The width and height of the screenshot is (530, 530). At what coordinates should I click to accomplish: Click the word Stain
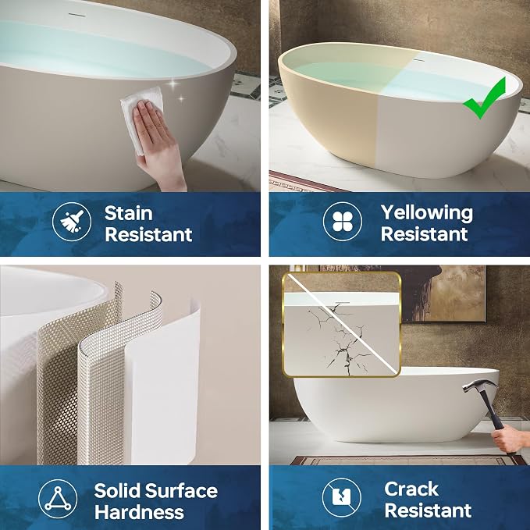[x=129, y=214]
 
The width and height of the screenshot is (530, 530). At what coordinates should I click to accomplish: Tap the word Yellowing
[x=426, y=214]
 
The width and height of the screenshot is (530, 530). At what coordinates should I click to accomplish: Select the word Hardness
[x=139, y=512]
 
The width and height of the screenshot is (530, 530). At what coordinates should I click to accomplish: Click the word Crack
[x=411, y=489]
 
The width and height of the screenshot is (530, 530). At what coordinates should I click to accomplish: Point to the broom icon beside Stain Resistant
[x=72, y=222]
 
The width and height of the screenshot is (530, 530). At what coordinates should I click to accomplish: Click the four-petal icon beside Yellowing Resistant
[x=343, y=222]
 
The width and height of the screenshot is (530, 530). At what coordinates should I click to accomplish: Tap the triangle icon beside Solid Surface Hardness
[x=58, y=499]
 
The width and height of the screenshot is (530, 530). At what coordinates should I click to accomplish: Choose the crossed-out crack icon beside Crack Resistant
[x=341, y=497]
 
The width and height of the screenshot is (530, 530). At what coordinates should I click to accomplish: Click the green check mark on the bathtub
[x=485, y=98]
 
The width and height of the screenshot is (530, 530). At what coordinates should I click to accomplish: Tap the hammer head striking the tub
[x=479, y=386]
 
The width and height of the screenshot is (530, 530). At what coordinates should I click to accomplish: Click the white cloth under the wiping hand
[x=141, y=119]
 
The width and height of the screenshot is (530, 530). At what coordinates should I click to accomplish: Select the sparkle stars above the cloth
[x=176, y=91]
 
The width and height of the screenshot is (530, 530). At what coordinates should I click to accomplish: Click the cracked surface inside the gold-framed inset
[x=341, y=338]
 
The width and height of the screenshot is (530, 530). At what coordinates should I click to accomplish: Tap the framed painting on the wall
[x=443, y=293]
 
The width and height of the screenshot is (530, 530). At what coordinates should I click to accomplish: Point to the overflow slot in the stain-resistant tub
[x=76, y=14]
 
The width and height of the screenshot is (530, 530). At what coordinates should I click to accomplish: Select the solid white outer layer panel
[x=163, y=382]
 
